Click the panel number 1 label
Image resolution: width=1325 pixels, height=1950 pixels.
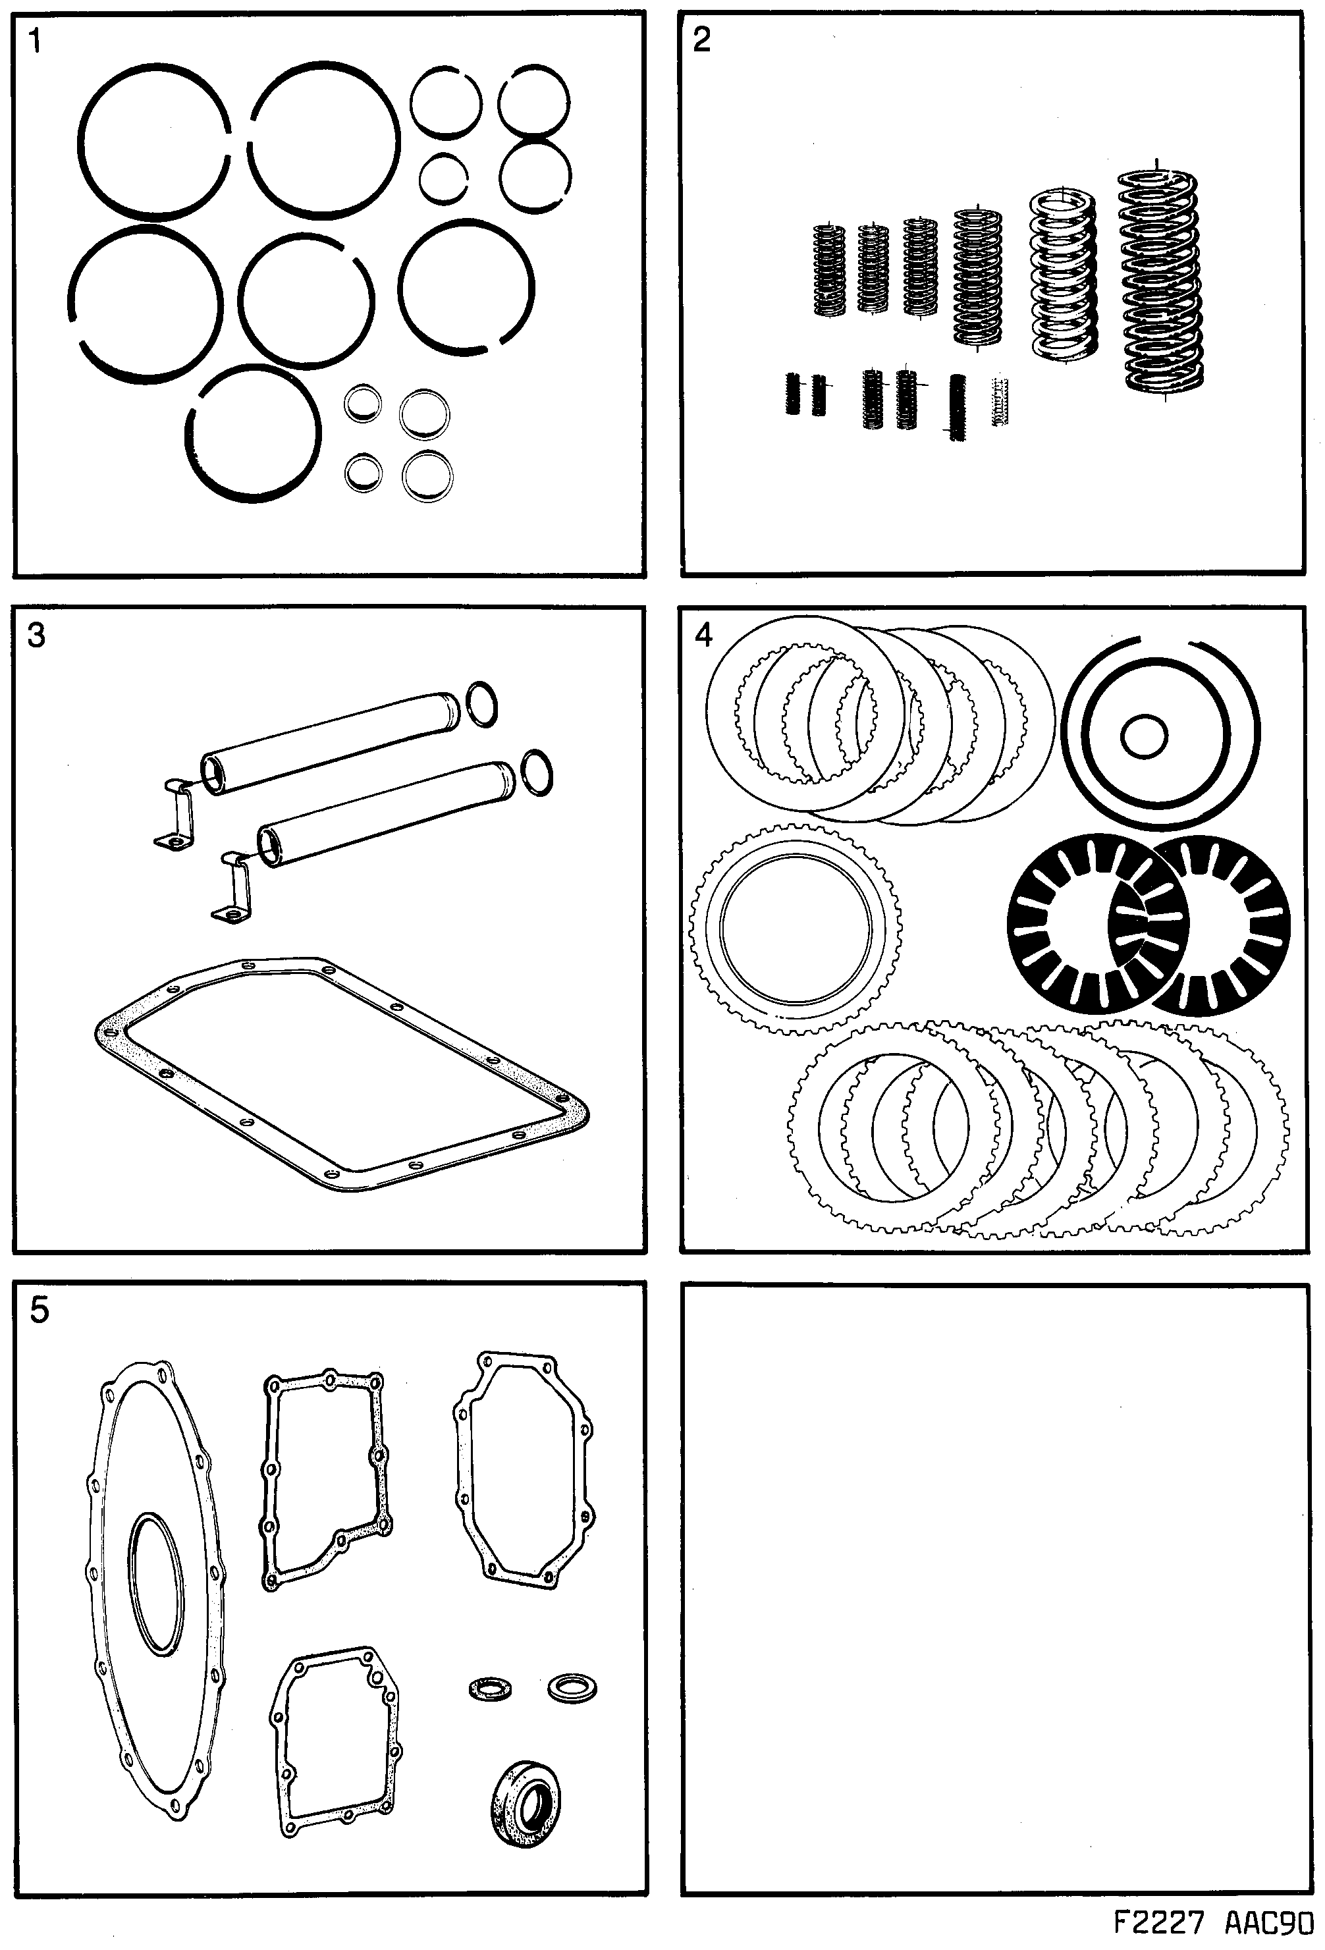point(34,40)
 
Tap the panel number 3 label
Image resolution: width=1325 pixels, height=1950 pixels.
point(36,635)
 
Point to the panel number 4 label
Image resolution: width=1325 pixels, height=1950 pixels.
point(703,634)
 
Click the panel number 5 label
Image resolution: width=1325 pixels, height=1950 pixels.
point(39,1310)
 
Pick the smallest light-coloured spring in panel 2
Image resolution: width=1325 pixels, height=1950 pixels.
point(1000,401)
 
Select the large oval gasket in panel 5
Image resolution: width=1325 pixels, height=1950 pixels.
point(155,1586)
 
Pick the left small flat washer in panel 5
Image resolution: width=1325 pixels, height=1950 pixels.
point(490,1687)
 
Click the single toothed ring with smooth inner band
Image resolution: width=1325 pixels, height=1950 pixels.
point(796,929)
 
